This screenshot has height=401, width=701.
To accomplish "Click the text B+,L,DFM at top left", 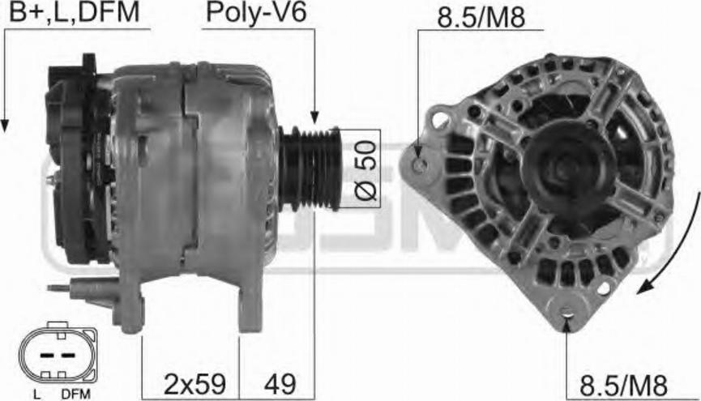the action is tap(75, 13).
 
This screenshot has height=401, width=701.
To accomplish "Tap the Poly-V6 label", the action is tap(256, 13).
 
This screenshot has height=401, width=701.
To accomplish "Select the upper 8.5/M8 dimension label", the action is tap(481, 18).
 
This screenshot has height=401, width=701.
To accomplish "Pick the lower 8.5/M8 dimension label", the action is tap(623, 385).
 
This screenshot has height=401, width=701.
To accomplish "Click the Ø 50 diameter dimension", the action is tap(365, 170).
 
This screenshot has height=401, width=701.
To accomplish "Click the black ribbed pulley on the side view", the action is tap(310, 169).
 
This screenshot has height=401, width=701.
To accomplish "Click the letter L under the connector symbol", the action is tap(36, 394).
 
